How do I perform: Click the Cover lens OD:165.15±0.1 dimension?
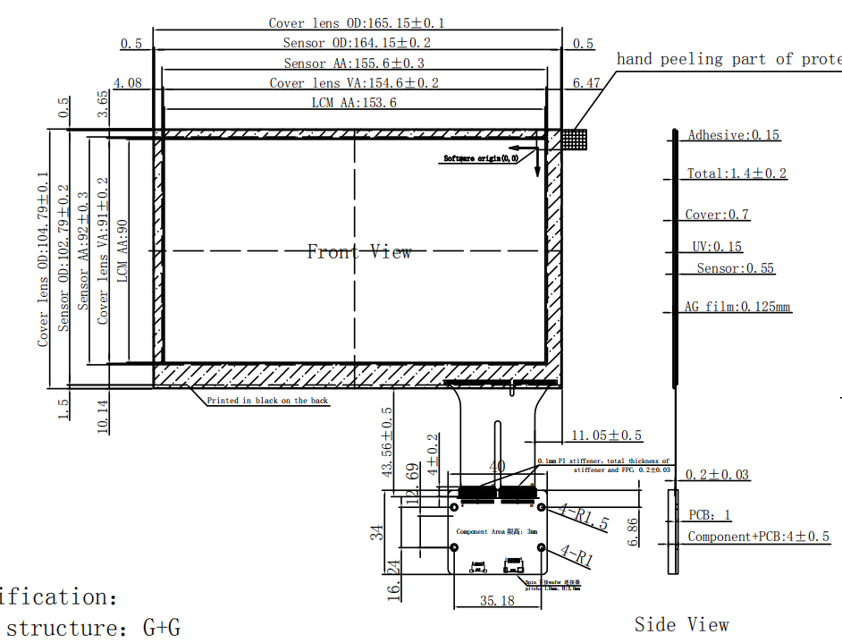358,22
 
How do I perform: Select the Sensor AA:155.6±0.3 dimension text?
354,63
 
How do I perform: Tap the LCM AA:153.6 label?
354,103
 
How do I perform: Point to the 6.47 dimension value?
585,82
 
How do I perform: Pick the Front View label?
359,252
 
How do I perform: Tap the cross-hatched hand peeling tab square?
575,139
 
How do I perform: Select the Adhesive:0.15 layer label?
733,135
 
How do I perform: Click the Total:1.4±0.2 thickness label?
737,173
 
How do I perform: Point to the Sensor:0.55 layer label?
736,268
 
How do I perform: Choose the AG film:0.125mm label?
737,307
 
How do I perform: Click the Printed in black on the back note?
267,401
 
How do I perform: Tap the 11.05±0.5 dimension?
606,436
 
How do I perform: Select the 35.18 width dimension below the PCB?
497,601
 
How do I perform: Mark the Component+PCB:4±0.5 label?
758,537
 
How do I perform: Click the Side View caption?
681,624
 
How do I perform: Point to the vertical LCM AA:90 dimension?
122,251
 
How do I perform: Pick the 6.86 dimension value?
633,530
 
